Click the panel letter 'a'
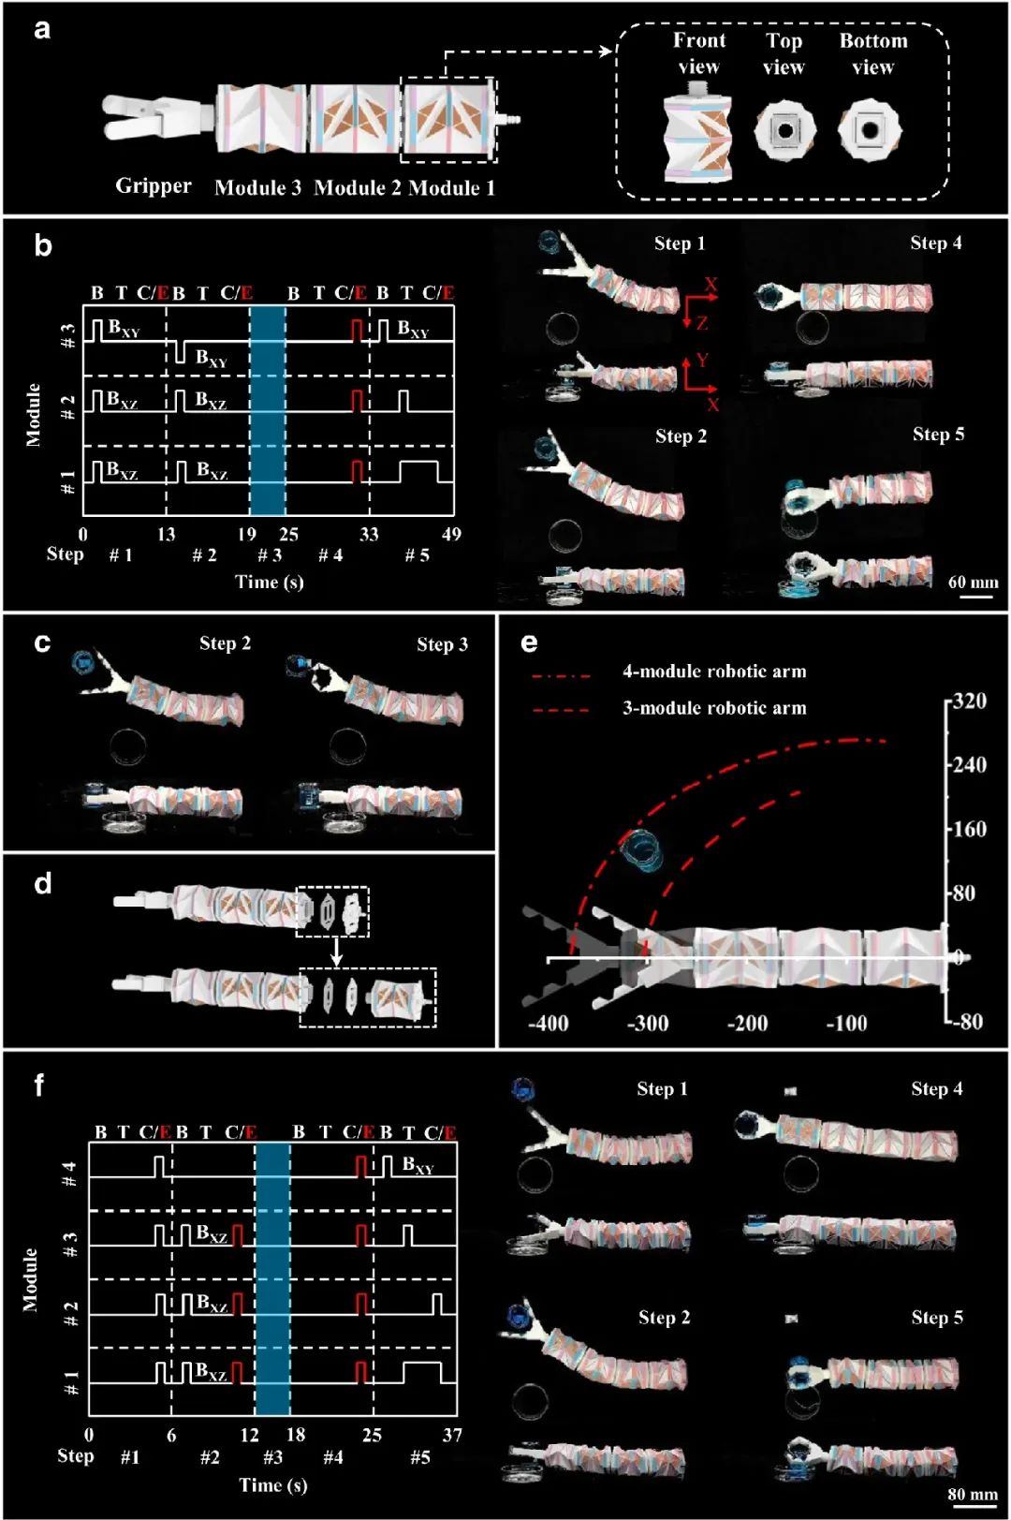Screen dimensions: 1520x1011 point(41,29)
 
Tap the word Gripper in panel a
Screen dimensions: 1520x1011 point(154,185)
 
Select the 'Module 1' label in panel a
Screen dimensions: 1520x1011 point(451,188)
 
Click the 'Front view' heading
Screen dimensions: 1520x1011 point(698,53)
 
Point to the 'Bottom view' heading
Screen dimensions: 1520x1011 point(872,53)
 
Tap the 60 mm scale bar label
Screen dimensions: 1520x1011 point(973,582)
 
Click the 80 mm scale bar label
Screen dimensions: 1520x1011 point(973,1493)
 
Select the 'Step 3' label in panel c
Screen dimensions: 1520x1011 point(442,644)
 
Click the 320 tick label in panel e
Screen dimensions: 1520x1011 point(969,701)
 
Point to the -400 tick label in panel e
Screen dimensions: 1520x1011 point(548,1023)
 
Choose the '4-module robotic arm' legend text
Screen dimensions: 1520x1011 point(714,671)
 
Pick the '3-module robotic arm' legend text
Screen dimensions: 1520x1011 point(714,708)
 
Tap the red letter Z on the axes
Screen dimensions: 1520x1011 point(702,323)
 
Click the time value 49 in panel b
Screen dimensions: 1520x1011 point(451,534)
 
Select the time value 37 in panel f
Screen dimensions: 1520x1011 point(452,1435)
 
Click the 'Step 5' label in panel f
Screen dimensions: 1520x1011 point(936,1317)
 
